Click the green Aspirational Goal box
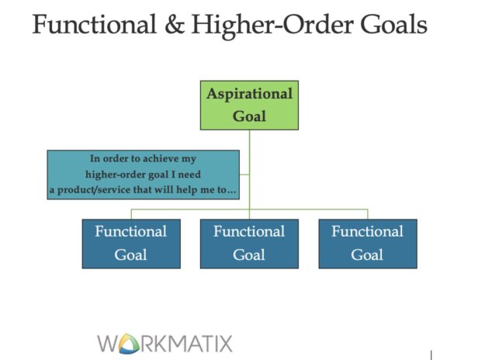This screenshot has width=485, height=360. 249,105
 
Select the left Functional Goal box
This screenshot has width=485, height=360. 131,243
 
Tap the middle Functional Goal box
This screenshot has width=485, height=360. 249,243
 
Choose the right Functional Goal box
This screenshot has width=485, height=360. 367,243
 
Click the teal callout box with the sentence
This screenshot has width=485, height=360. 143,175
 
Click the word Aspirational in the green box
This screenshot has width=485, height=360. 249,94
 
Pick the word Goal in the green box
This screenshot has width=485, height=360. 249,116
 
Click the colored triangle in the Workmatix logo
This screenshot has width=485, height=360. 129,343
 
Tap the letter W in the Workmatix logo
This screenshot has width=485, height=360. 109,342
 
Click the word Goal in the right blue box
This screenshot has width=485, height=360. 367,254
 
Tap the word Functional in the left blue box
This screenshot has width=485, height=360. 131,231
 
